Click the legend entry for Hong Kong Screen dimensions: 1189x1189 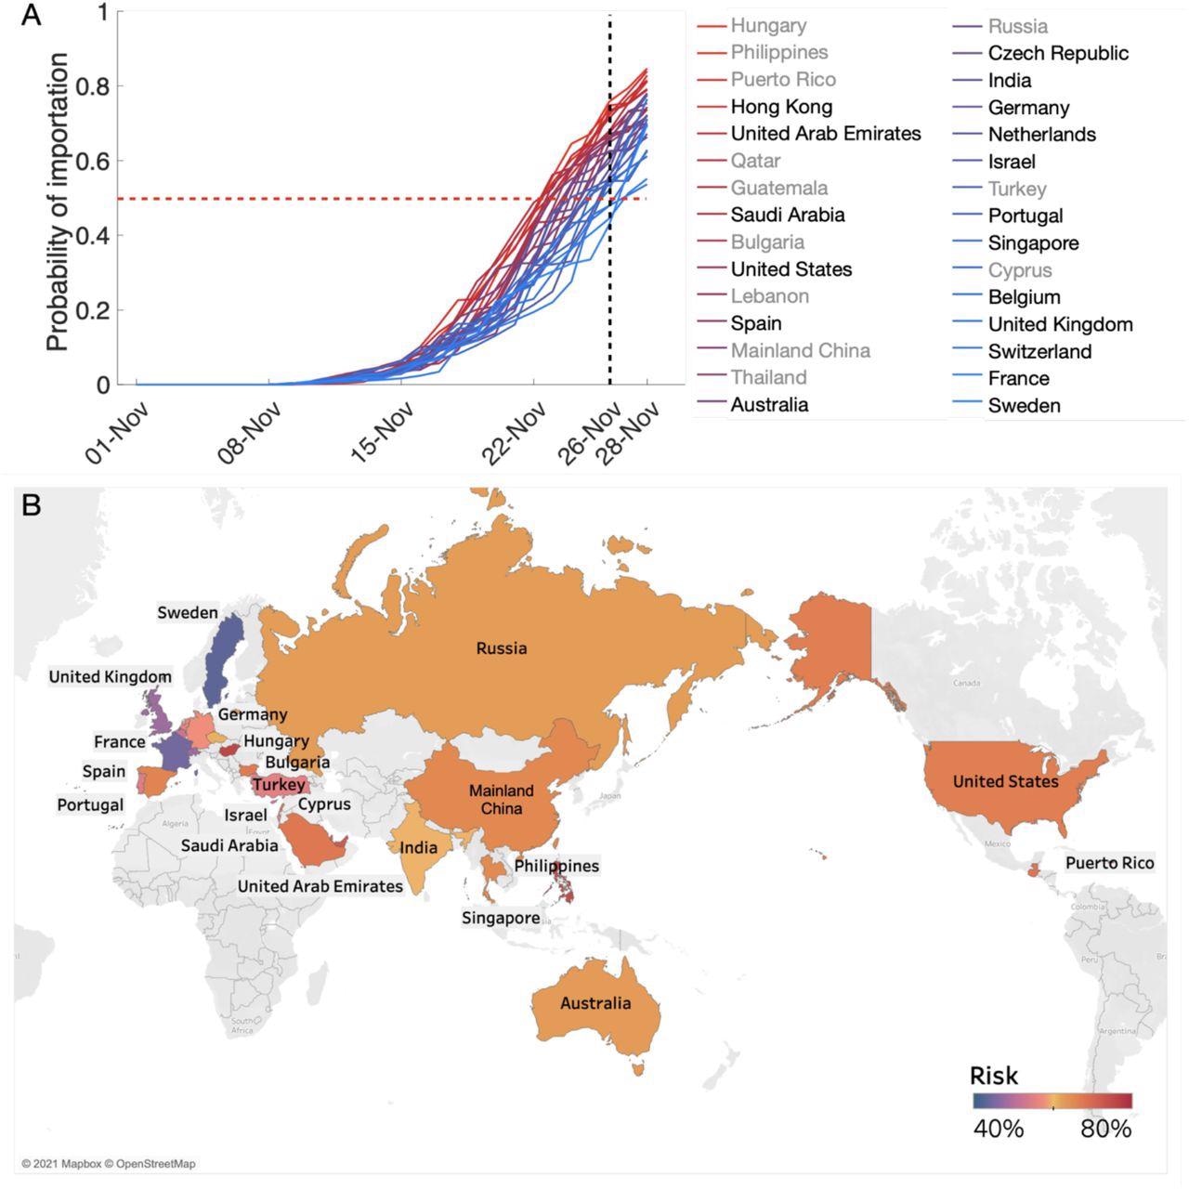(x=781, y=107)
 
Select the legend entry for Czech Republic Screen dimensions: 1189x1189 (x=1058, y=53)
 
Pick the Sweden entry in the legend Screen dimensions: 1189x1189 (x=1024, y=405)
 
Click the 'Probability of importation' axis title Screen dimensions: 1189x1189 (x=58, y=202)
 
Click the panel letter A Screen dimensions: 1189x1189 (x=31, y=16)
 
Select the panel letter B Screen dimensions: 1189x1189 (x=31, y=505)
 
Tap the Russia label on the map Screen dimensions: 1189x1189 (x=501, y=648)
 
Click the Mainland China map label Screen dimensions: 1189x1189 (x=501, y=799)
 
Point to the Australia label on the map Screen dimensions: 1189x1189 (x=595, y=1003)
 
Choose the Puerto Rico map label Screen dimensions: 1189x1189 (x=1109, y=863)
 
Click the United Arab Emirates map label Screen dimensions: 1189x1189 (x=320, y=886)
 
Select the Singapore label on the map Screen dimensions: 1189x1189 (x=501, y=918)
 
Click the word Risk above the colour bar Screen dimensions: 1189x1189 (x=993, y=1076)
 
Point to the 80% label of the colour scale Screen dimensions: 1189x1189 (x=1105, y=1129)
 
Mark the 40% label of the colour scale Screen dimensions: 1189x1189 (x=999, y=1129)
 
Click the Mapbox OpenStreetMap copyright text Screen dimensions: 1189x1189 (x=109, y=1164)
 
